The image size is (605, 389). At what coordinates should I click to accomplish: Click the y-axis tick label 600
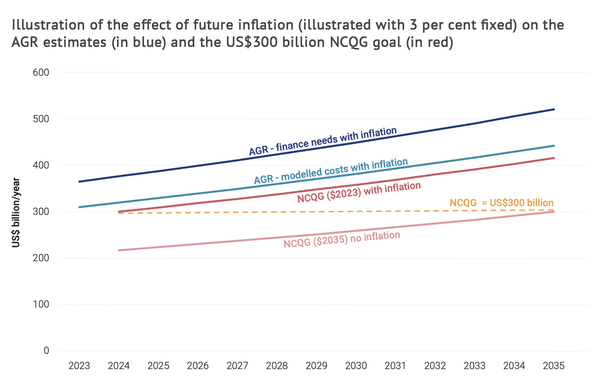41,73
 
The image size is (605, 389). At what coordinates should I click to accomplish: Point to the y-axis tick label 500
41,119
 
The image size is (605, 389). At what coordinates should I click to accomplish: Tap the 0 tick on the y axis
46,351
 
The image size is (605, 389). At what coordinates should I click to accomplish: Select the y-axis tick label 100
41,305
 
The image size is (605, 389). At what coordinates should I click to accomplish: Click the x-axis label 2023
79,366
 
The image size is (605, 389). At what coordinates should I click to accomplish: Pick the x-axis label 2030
356,366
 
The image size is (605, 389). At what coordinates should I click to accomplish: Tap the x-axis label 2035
553,366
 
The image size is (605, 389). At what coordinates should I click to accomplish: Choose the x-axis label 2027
237,366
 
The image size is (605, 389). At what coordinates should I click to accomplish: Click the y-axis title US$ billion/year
16,212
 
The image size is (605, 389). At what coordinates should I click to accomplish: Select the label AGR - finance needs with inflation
323,141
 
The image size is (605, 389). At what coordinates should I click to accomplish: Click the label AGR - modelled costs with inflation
331,171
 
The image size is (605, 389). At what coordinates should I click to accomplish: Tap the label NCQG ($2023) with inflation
359,192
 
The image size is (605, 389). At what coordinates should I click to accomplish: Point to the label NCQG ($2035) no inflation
342,240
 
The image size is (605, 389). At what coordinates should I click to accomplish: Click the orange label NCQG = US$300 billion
501,203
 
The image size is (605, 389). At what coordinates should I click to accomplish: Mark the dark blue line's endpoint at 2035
554,110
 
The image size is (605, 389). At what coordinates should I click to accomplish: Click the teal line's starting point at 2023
79,207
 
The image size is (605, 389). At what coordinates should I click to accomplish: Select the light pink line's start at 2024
119,250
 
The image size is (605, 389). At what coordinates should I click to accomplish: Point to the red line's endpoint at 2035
554,158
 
